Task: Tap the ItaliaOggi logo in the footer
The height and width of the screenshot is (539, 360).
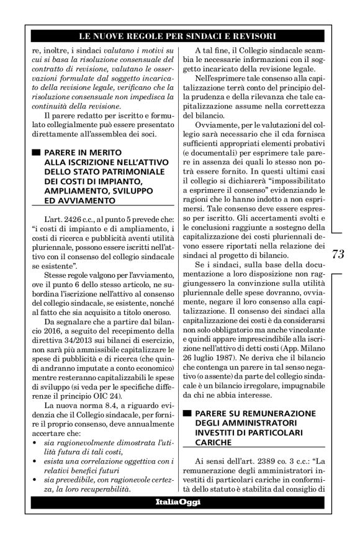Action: (178, 502)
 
